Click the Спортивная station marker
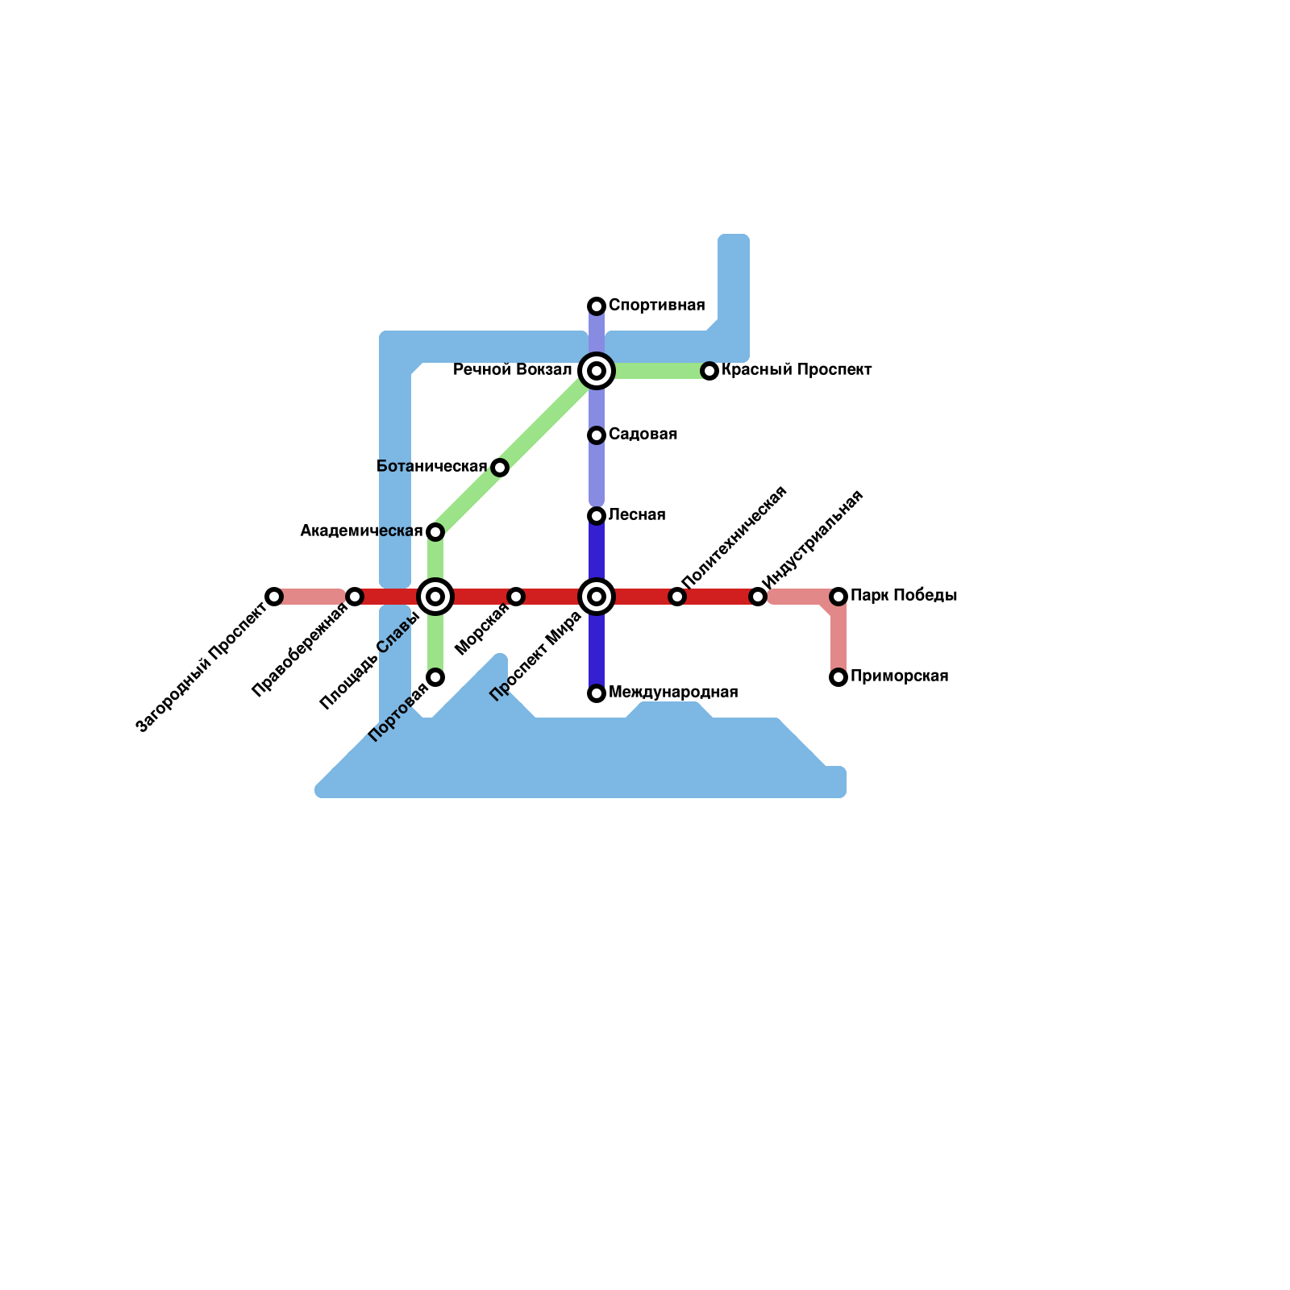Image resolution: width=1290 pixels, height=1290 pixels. [597, 306]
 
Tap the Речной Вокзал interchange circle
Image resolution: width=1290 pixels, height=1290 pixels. [597, 371]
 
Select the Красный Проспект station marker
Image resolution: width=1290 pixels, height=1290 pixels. [709, 371]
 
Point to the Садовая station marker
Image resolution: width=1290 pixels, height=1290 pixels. [597, 435]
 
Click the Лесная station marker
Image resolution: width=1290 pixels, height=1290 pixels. [597, 516]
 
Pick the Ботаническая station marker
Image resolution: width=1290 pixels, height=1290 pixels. [500, 468]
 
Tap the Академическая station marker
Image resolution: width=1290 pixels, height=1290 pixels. [435, 532]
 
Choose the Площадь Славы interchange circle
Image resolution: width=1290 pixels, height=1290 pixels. [435, 597]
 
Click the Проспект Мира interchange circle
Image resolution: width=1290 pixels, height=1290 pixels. [597, 597]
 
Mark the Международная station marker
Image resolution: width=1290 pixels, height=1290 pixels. [597, 693]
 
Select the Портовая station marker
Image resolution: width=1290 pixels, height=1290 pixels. [435, 677]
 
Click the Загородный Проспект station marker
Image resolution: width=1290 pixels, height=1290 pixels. [274, 597]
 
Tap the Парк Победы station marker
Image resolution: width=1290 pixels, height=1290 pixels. [838, 597]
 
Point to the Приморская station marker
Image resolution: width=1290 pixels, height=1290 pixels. [838, 677]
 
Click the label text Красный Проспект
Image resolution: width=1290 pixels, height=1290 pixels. [797, 370]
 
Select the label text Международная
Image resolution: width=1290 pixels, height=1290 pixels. [673, 693]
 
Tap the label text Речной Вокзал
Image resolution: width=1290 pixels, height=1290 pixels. [512, 370]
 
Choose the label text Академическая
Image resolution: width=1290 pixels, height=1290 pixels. [361, 531]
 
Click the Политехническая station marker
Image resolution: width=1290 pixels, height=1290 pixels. [677, 597]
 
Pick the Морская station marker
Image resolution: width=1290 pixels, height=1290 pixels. [516, 597]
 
